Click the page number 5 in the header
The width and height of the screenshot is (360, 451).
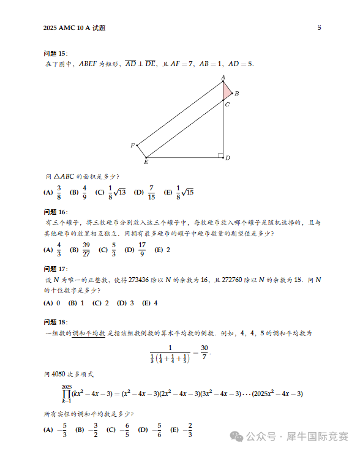click(319, 28)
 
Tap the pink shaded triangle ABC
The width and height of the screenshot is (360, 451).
click(227, 91)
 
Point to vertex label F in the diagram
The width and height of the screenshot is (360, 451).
click(132, 146)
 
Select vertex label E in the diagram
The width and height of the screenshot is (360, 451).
click(146, 162)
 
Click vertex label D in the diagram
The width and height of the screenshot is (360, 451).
click(227, 158)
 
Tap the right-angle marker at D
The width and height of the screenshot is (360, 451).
click(220, 155)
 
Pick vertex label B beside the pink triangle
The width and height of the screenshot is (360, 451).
click(236, 94)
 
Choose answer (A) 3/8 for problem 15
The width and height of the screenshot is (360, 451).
click(54, 192)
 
